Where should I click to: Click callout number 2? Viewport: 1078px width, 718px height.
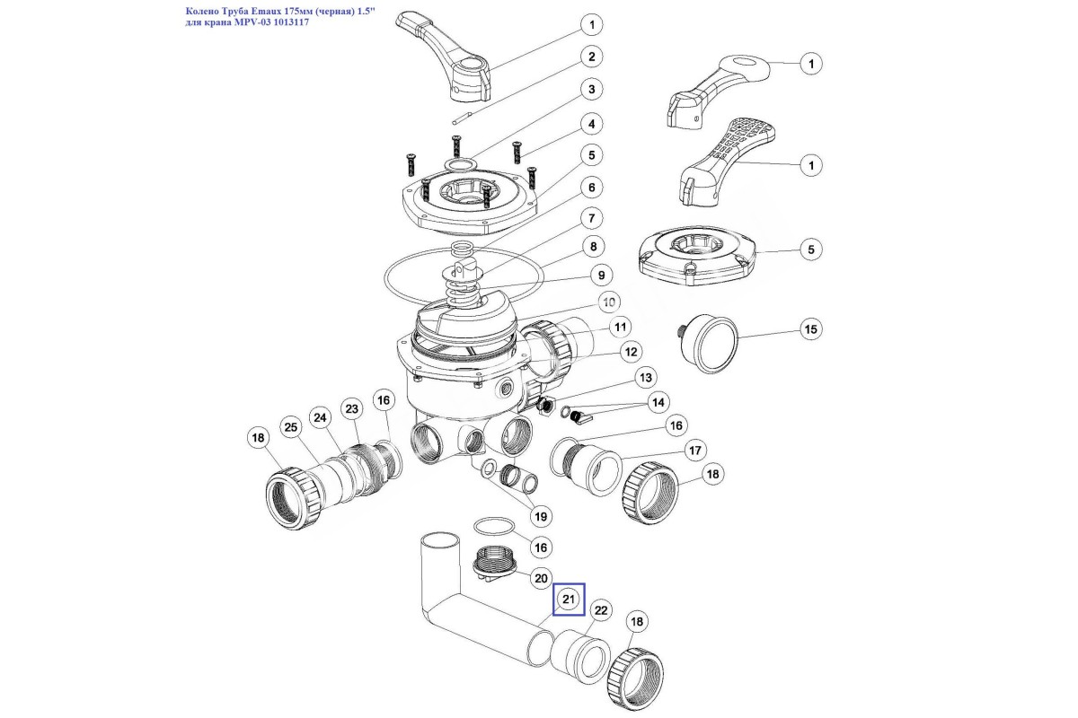(x=591, y=57)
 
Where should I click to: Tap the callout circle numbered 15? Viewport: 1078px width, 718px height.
(x=811, y=330)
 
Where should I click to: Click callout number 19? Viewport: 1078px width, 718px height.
(x=540, y=516)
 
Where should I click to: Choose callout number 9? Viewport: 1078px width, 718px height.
(x=600, y=275)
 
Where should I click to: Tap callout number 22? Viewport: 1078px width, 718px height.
(x=601, y=611)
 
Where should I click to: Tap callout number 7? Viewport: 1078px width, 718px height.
(x=590, y=218)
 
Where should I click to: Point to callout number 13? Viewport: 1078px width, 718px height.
(x=646, y=377)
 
